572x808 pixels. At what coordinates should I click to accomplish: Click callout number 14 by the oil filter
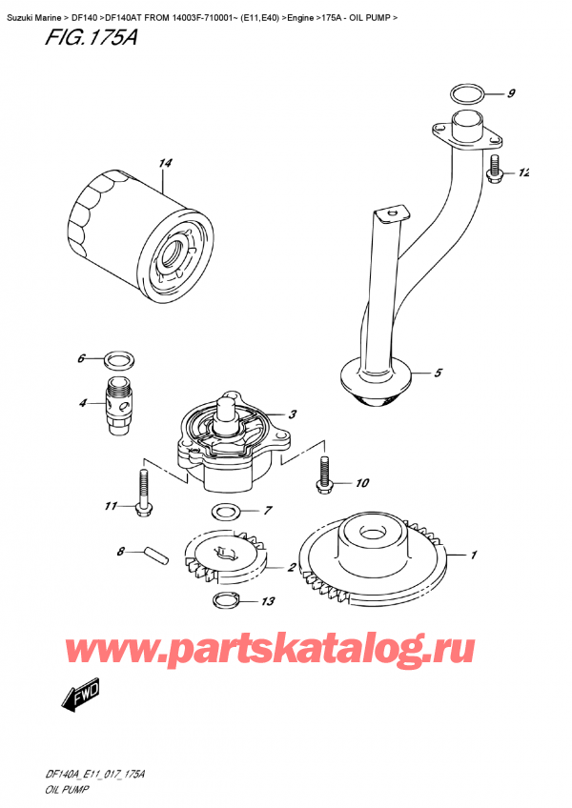165,164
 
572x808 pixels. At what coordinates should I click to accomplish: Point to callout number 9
511,93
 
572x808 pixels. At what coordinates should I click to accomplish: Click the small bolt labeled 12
494,170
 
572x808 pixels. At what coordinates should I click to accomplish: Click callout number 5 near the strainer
437,374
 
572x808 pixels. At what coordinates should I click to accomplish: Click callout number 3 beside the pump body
294,414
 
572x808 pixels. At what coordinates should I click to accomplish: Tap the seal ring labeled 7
225,512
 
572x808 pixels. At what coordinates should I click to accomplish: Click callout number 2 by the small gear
291,569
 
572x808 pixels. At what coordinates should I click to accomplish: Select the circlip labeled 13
224,600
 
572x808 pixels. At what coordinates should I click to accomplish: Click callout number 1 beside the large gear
474,555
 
